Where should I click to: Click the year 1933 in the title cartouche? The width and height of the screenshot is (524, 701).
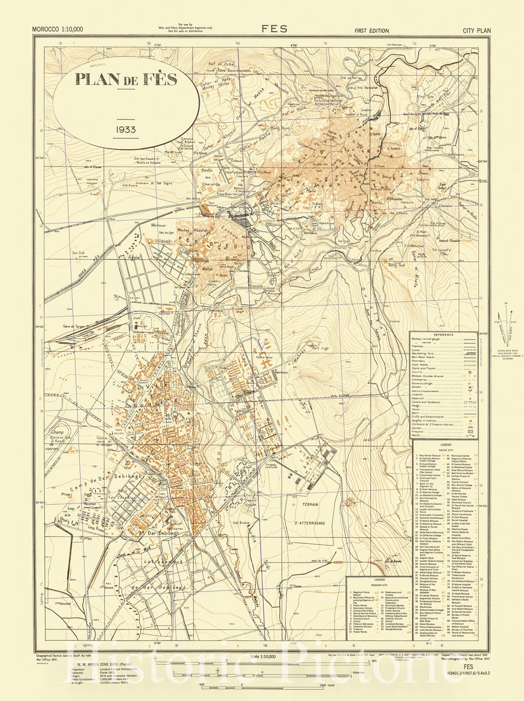coord(126,130)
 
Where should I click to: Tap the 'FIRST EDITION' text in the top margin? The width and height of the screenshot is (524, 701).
coord(372,31)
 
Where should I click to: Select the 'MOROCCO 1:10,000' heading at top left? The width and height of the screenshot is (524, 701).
coord(57,30)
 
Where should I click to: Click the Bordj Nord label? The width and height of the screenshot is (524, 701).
coord(280,128)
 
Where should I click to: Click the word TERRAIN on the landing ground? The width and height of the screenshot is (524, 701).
coord(309,504)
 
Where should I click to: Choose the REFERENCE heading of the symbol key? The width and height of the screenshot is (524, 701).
coord(443,335)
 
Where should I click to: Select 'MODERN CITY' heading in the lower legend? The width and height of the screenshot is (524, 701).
coord(380,584)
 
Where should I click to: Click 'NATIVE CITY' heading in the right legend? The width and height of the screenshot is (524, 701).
coord(445,450)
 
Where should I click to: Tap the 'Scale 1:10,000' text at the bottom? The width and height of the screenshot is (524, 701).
coord(263,656)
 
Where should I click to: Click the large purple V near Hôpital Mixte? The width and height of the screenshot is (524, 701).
coord(263,344)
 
